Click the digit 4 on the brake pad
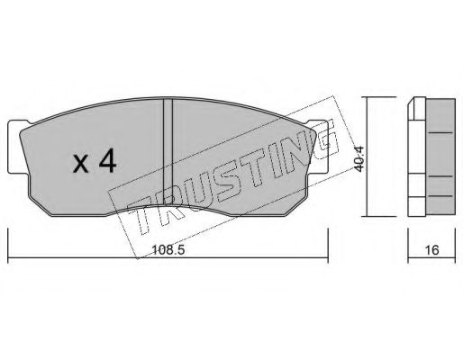107,163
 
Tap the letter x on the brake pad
80,166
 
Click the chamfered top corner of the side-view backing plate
415,101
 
